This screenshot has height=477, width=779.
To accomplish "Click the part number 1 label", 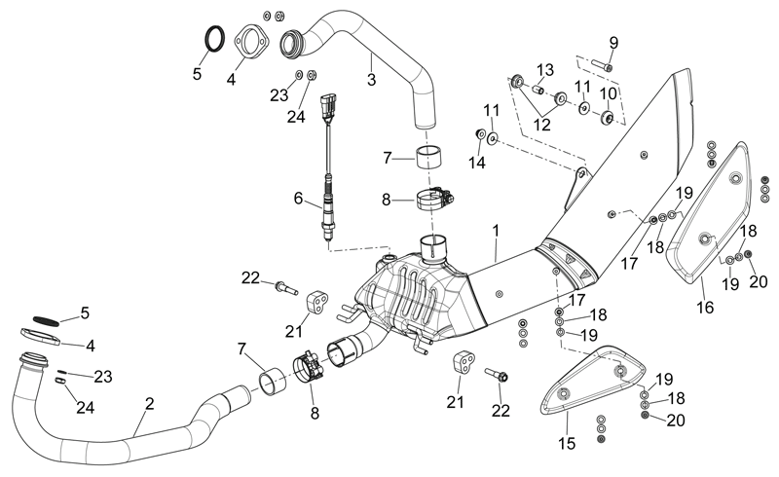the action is coord(496,231).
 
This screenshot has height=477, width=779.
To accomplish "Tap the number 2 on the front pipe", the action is coord(150,403).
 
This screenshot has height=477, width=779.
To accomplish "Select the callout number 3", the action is coord(372,80).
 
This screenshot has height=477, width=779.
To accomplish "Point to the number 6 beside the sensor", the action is coord(298,199).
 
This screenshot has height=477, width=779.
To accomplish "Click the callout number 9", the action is coord(613,43).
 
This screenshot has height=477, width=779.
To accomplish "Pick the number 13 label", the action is coord(544,70).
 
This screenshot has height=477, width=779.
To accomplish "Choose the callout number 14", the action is coord(476,162).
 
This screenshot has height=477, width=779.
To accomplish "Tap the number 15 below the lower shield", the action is coord(567,443).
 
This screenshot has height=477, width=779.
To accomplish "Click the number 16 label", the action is coord(705,308).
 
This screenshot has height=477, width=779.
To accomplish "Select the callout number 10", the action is coord(608,93).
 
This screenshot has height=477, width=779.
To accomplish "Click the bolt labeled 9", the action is coord(602,64).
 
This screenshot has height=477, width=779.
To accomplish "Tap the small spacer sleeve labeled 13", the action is coord(538,90).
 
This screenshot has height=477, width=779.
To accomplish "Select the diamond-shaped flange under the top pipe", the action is coord(251,41).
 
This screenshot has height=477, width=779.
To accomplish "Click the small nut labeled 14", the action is coord(480,133).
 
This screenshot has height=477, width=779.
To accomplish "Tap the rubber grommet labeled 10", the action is coord(608,118).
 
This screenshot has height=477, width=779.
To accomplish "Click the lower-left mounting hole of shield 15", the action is coord(564,393).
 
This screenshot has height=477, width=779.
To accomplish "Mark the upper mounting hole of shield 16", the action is coord(735,177).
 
